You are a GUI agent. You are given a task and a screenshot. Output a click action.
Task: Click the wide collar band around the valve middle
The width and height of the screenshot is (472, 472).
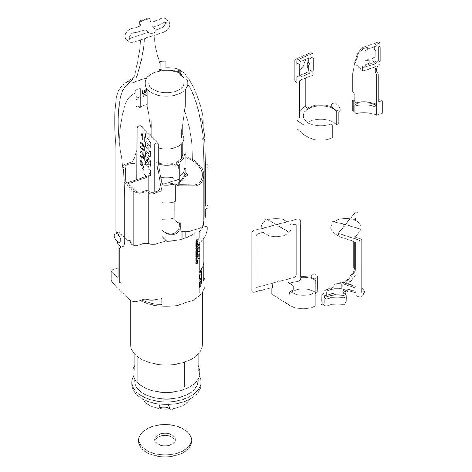pos(157,271)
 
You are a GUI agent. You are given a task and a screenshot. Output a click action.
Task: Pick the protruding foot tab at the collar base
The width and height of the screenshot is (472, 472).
pos(114,275)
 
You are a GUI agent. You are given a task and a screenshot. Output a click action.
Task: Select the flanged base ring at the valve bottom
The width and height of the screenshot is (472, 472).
pos(165,393)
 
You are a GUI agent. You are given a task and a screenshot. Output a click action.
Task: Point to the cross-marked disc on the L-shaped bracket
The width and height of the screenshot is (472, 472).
pos(346,226)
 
